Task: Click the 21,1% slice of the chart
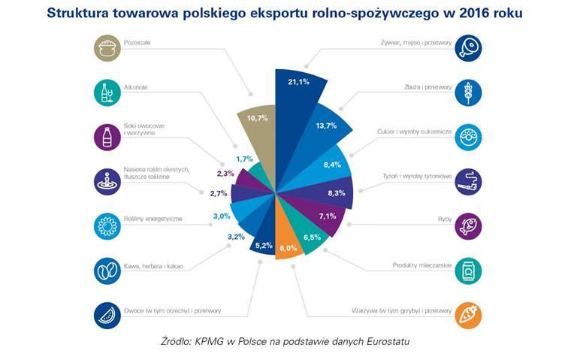pos(299,90)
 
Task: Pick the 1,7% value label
pos(243,159)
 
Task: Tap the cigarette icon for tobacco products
pos(468,181)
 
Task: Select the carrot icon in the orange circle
pos(468,314)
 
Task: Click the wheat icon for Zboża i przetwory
pos(468,92)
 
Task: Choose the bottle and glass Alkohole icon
pos(107,92)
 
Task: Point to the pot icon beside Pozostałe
pos(107,48)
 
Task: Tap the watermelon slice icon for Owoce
pos(107,314)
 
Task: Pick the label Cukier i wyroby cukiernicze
pos(412,132)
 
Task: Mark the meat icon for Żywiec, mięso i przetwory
pos(468,48)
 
